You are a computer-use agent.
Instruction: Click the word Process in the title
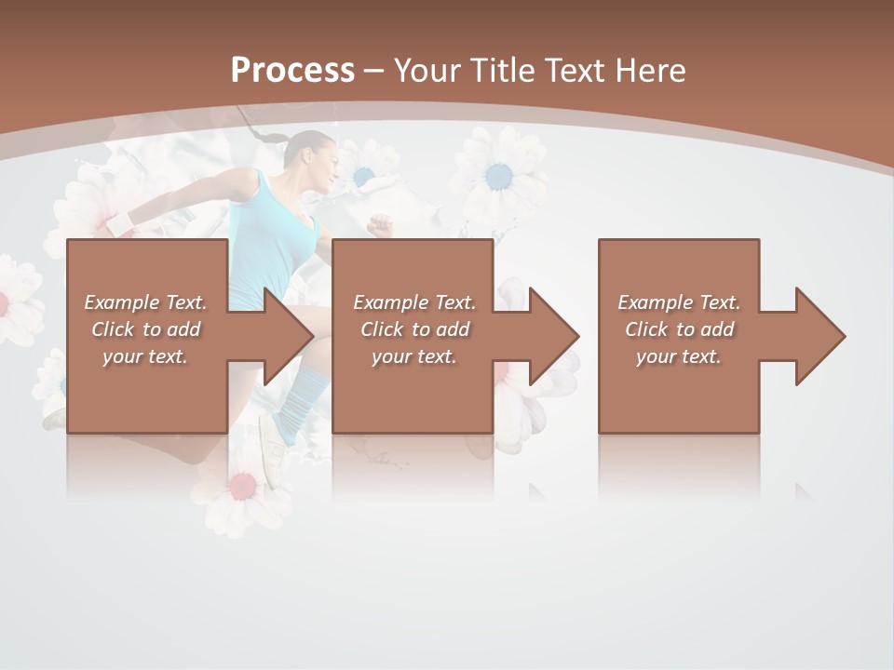292,70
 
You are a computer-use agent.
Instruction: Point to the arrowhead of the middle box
552,336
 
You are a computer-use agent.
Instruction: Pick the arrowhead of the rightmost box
819,336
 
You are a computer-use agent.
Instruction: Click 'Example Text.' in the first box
145,302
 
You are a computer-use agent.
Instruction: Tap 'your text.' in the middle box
413,356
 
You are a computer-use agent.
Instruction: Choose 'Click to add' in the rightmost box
679,329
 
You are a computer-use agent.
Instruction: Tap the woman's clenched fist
379,224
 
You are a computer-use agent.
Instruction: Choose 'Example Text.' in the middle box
413,302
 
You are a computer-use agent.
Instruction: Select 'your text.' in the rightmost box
678,356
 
